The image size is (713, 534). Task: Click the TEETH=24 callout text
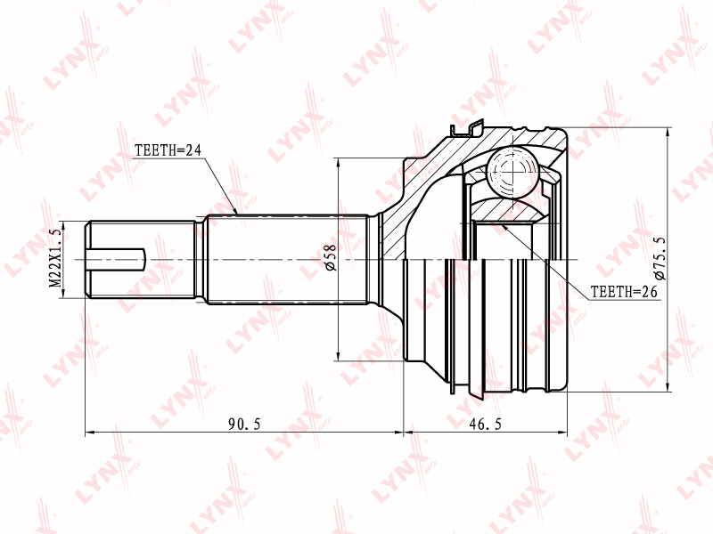[x=168, y=150]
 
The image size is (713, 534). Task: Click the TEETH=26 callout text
[x=624, y=291]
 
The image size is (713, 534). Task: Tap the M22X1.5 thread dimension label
[x=55, y=258]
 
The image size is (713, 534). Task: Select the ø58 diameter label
[x=330, y=258]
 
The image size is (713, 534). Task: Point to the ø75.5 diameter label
[x=659, y=258]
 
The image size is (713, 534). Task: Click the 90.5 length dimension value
[x=244, y=425]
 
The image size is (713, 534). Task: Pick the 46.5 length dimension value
[x=485, y=425]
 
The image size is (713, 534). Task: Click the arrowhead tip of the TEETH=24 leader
[x=237, y=214]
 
